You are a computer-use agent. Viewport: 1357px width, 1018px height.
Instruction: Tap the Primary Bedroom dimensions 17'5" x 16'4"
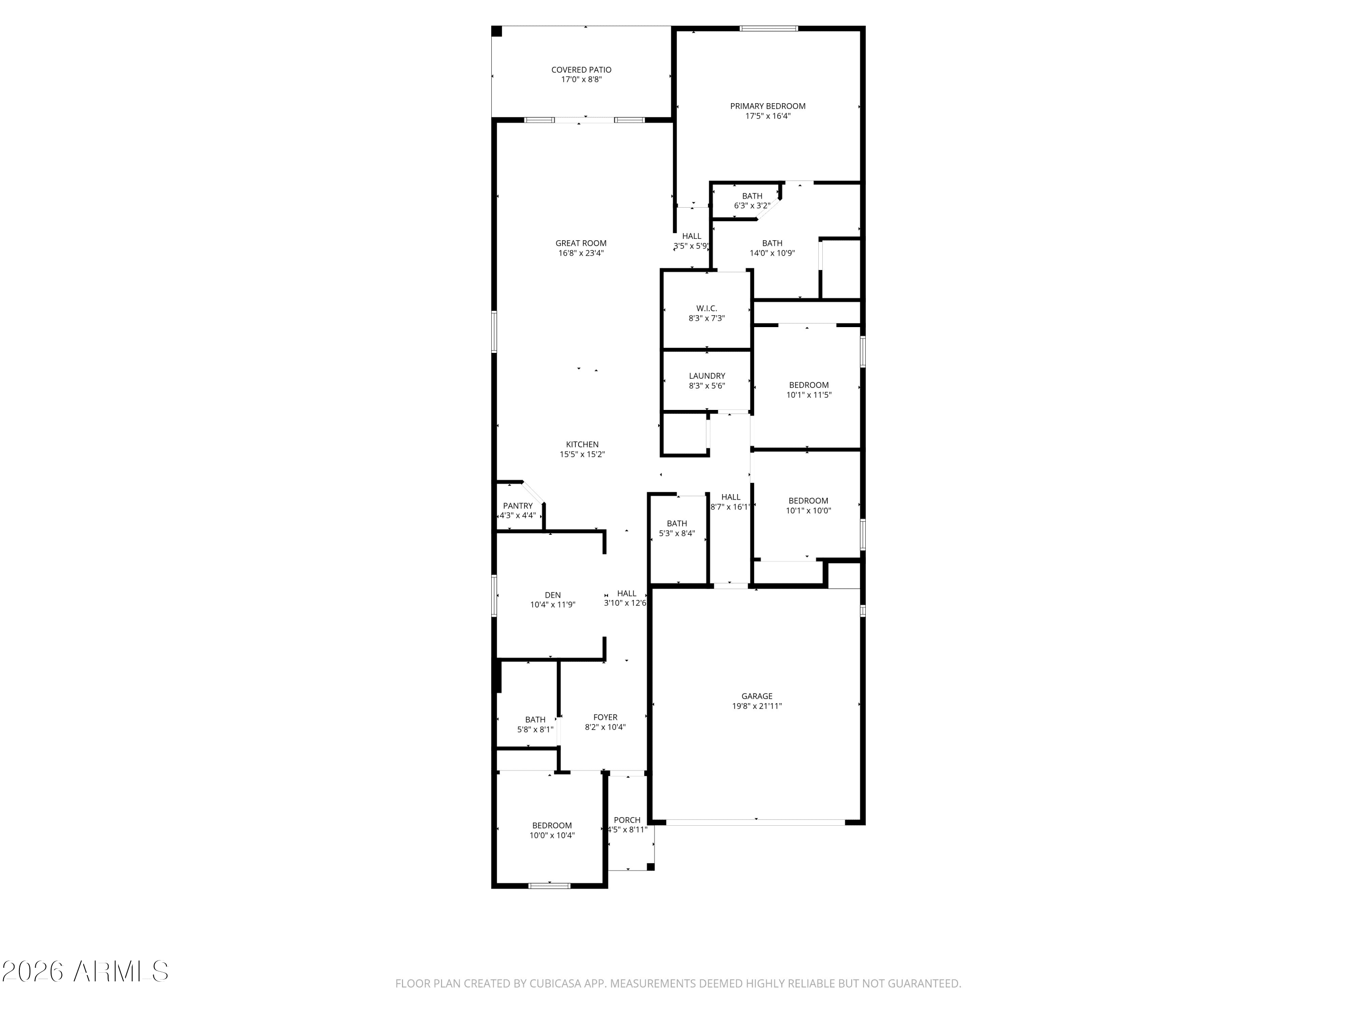coord(768,116)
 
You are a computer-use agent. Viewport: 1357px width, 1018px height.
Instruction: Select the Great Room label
coord(581,243)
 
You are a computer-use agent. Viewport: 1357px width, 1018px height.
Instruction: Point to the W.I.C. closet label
coord(707,309)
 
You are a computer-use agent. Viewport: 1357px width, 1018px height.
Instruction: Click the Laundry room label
coord(707,376)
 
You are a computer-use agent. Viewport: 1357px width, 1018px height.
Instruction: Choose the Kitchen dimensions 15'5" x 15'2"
coord(582,455)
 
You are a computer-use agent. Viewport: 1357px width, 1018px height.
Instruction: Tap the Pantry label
coord(518,506)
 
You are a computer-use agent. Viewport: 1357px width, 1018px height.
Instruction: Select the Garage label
coord(756,696)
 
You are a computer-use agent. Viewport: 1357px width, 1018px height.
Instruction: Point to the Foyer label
coord(605,717)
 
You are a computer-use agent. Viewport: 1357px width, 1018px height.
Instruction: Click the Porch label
coord(627,820)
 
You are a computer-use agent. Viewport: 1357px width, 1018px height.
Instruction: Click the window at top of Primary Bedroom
coord(768,28)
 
